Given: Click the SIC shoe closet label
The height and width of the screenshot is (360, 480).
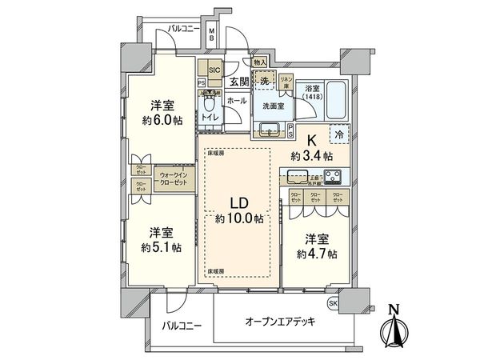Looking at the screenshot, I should tap(214, 70).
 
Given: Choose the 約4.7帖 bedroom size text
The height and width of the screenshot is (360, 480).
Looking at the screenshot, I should tap(318, 254).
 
